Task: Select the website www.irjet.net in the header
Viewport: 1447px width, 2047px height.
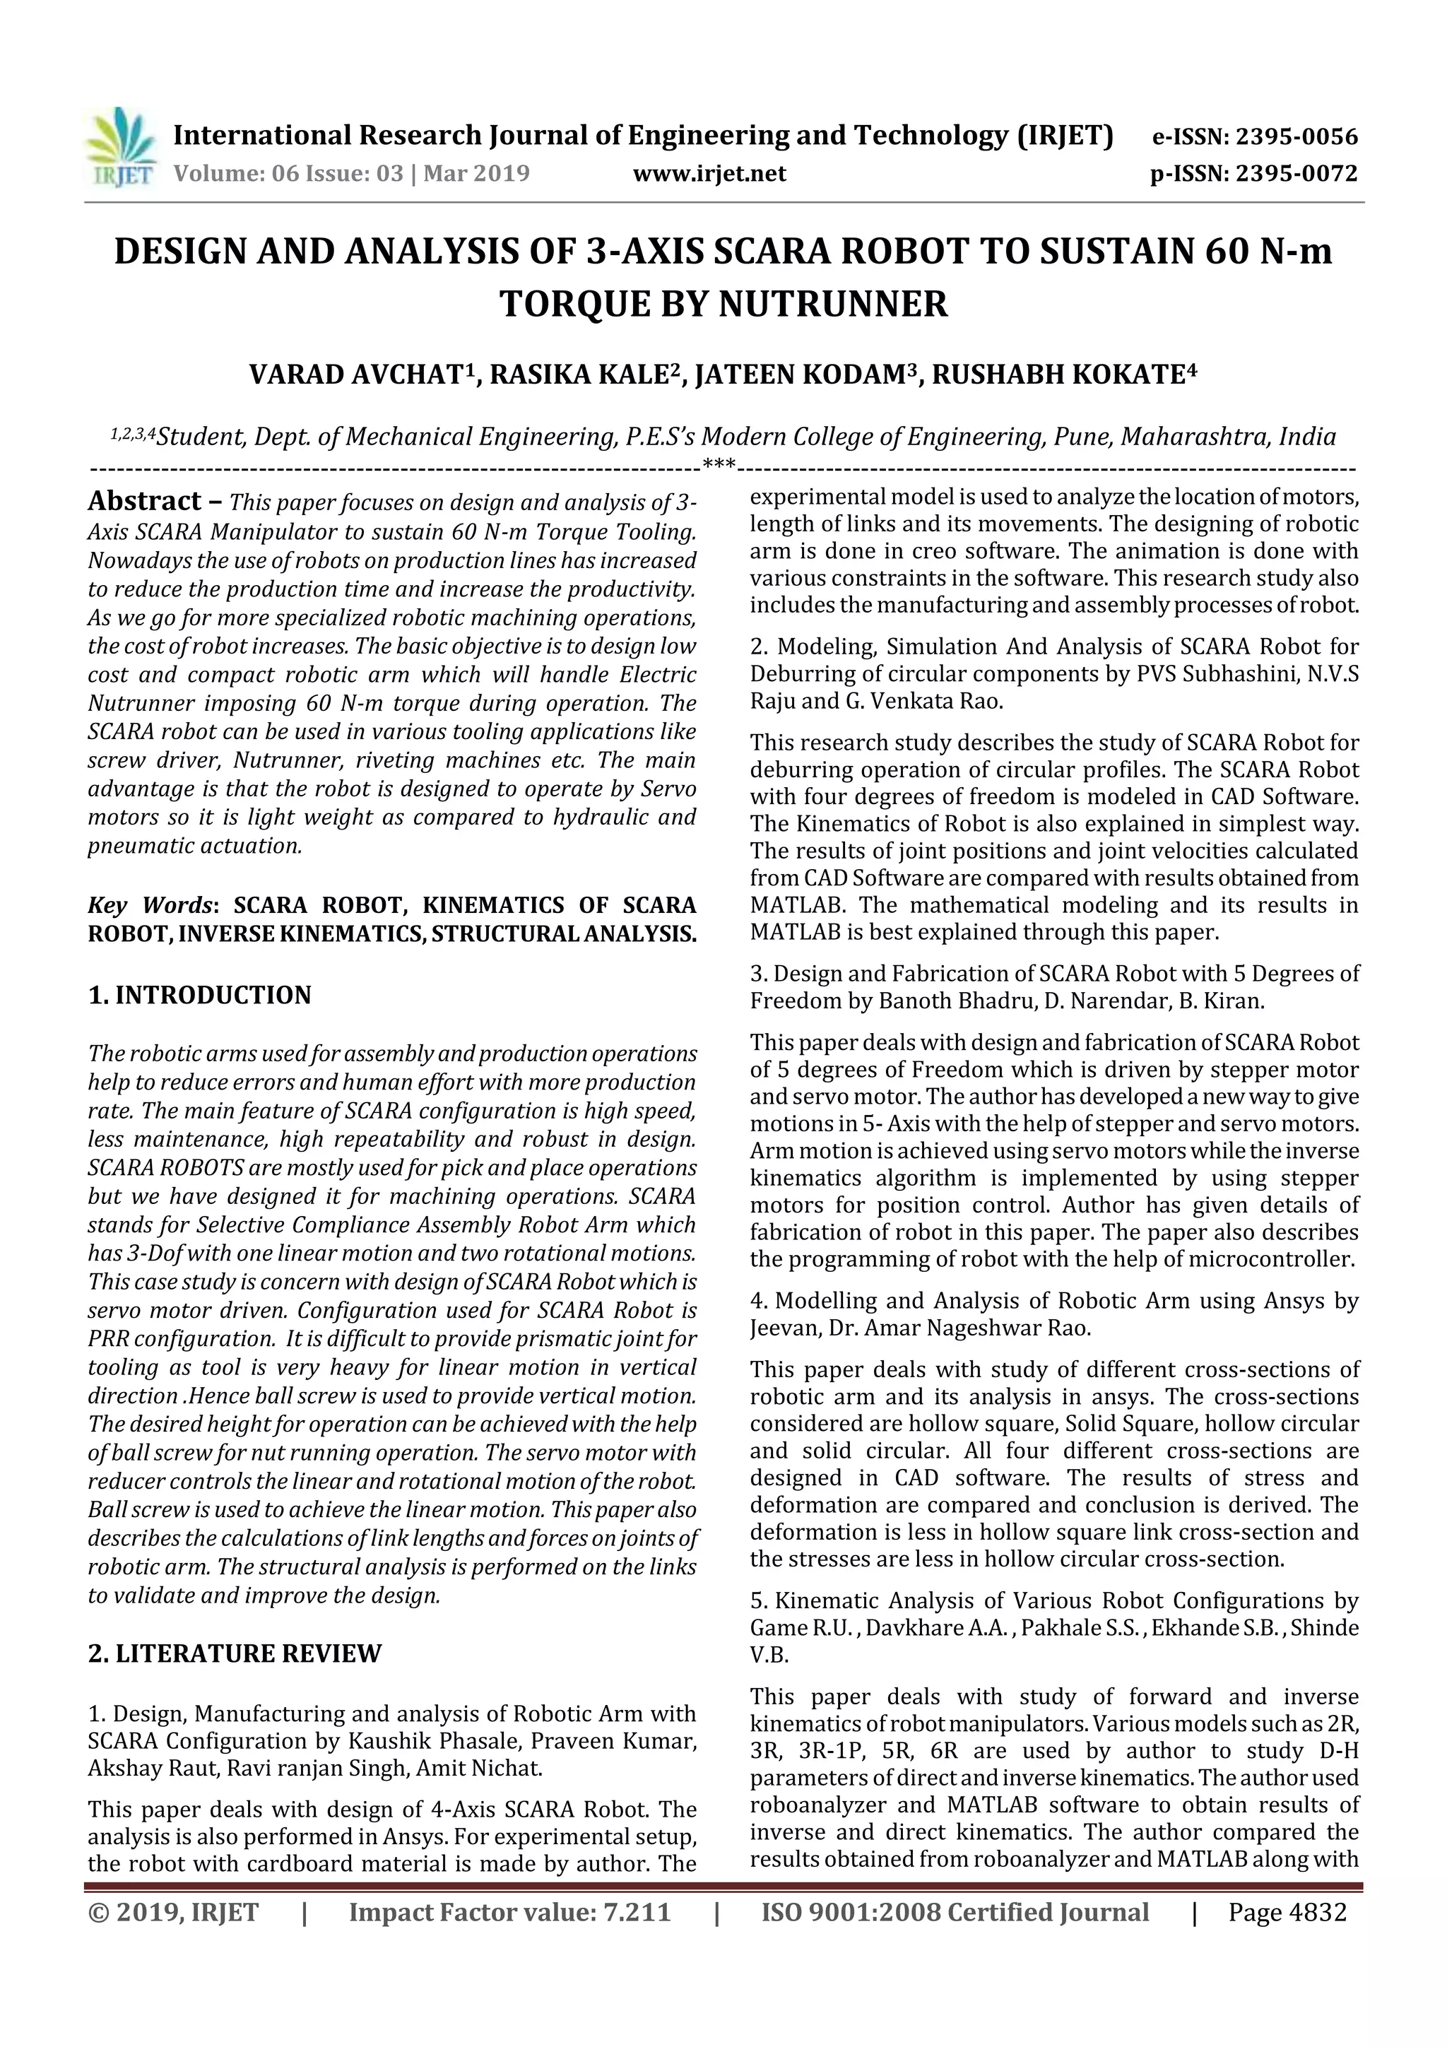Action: point(709,174)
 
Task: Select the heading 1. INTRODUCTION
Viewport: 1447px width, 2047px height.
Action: point(200,995)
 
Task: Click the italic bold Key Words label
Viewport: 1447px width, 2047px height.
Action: point(150,906)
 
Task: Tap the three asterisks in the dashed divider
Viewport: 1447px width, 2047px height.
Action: point(719,464)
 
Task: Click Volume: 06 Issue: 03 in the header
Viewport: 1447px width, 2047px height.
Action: point(289,174)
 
